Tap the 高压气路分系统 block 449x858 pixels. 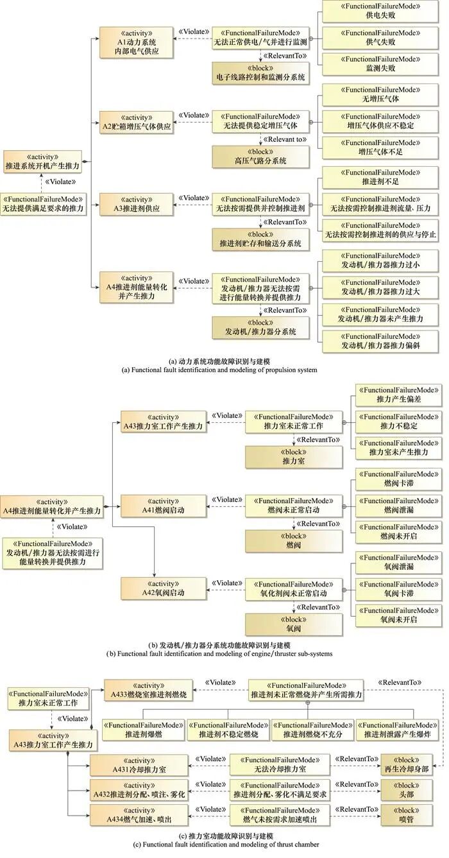tap(261, 156)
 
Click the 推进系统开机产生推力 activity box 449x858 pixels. tap(42, 160)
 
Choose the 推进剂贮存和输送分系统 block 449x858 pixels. tap(261, 239)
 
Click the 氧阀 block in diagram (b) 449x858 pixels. tap(294, 623)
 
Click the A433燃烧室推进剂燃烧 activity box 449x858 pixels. tap(144, 690)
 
